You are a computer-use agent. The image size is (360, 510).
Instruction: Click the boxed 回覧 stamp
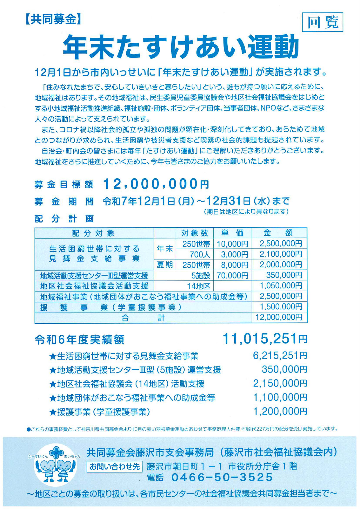[x=323, y=22]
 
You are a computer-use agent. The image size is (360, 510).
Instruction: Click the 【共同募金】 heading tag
[x=52, y=19]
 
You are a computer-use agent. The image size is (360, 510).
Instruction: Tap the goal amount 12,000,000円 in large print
[x=156, y=184]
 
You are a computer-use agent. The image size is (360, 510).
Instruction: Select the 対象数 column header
[x=195, y=233]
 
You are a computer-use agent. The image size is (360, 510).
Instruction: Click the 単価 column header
[x=232, y=233]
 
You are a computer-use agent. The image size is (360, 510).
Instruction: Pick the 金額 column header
[x=278, y=233]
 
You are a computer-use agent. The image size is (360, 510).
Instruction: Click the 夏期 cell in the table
[x=165, y=265]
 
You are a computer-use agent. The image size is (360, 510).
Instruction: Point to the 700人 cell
[x=200, y=255]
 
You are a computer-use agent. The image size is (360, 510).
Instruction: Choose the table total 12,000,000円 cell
[x=279, y=317]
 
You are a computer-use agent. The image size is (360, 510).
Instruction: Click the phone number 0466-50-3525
[x=222, y=477]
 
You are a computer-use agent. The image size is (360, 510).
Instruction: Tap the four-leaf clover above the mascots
[x=56, y=452]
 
